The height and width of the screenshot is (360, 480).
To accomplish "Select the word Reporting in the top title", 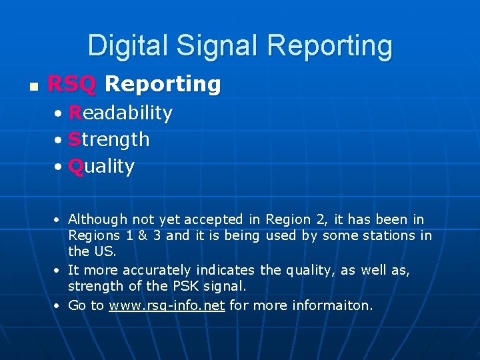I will click(x=329, y=46).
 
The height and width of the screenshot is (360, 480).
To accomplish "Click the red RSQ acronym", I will click(x=73, y=84).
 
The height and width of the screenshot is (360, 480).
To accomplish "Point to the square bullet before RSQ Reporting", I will click(x=32, y=86).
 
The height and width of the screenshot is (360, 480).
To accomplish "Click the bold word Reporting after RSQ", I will click(x=163, y=84).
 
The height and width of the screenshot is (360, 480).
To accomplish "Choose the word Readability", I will click(x=120, y=113).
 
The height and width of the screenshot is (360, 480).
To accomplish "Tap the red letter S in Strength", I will click(x=75, y=139).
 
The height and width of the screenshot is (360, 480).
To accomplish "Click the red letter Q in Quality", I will click(x=76, y=166).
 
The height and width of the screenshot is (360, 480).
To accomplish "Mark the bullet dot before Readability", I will click(x=60, y=113).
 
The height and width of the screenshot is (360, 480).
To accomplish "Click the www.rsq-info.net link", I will click(x=167, y=305).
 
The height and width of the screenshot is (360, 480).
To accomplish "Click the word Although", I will click(x=97, y=219).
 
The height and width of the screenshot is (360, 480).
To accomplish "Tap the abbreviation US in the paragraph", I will click(x=104, y=251).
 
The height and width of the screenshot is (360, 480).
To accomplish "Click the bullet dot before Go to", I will click(x=59, y=306).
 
